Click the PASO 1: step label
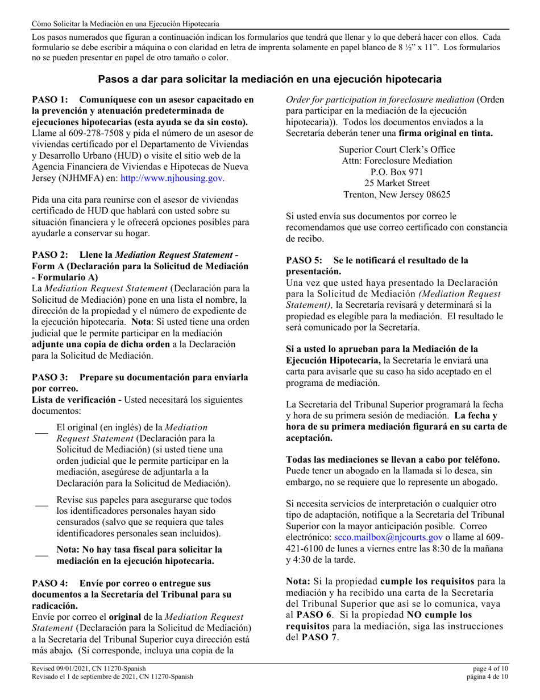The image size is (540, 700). coord(53,99)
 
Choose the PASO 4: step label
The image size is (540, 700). coord(53,583)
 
